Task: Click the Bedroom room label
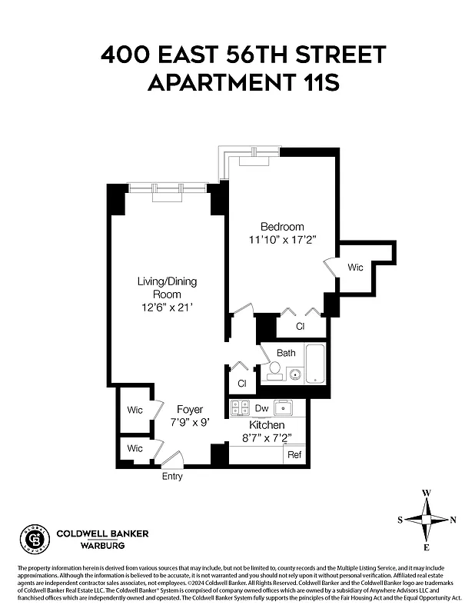[x=282, y=227]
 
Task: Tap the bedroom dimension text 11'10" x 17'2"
[x=282, y=240]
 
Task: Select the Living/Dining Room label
[x=167, y=288]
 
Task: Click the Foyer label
[x=190, y=409]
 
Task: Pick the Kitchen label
[x=267, y=425]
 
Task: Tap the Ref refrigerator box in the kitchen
[x=294, y=454]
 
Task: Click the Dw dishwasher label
[x=261, y=408]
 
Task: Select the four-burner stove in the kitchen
[x=240, y=408]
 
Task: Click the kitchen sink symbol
[x=285, y=407]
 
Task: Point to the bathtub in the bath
[x=316, y=364]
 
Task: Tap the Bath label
[x=286, y=353]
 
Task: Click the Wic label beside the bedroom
[x=355, y=268]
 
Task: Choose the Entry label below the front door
[x=172, y=477]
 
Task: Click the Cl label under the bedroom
[x=301, y=326]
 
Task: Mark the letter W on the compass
[x=427, y=493]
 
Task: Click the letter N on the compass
[x=453, y=520]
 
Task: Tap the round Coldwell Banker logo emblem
[x=35, y=540]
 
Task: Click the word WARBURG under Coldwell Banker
[x=103, y=546]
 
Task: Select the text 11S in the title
[x=317, y=81]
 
